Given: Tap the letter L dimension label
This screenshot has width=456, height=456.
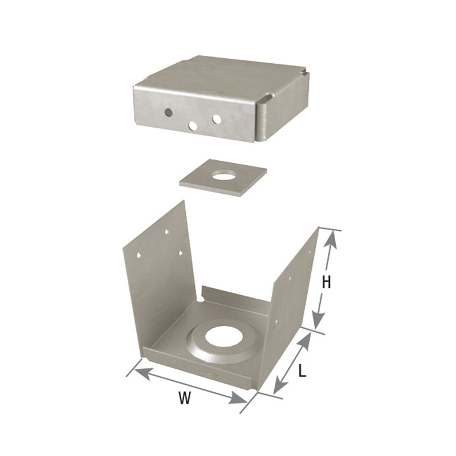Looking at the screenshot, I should pos(302,371).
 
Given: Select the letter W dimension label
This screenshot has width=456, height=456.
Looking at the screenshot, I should pos(184,398).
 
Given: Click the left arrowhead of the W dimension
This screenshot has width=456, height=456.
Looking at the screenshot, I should pos(136,369).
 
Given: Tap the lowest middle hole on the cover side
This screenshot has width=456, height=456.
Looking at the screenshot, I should pos(193,125).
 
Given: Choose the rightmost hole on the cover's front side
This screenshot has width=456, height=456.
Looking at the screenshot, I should pos(217,119).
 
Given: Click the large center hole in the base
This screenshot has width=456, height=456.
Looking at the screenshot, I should pos(224,337).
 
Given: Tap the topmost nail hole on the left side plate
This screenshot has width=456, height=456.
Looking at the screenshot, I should pos(166,233).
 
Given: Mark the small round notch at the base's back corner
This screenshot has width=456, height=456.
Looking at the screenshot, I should pos(201,298).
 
